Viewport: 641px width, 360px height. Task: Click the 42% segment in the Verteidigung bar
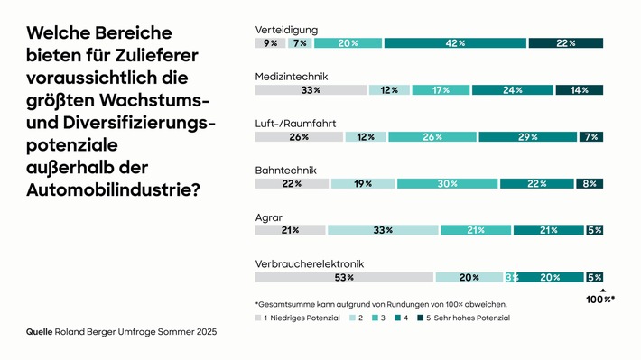(455, 43)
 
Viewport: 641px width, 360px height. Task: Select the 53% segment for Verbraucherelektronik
(344, 277)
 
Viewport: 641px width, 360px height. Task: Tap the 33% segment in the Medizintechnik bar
(311, 90)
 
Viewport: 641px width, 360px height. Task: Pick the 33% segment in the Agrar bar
(383, 230)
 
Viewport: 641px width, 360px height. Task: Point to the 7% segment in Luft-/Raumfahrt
(592, 137)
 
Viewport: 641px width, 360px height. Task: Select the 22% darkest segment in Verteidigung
(565, 43)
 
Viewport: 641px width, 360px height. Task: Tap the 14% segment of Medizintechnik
(579, 90)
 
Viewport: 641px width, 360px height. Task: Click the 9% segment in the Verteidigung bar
(270, 43)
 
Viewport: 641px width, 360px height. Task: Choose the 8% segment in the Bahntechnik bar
(590, 184)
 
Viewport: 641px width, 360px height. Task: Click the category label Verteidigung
(286, 29)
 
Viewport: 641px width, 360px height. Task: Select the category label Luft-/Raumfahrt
(293, 123)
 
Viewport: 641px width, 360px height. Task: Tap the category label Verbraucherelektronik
(309, 263)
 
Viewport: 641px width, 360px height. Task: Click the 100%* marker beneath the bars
(597, 299)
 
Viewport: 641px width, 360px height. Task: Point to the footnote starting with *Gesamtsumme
(381, 303)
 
